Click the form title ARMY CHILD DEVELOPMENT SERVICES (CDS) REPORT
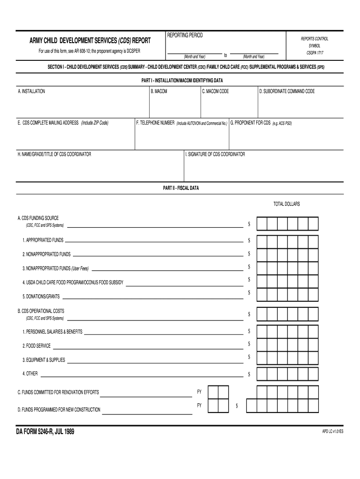[x=84, y=41]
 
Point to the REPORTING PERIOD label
[x=185, y=36]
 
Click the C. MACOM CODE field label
[x=216, y=91]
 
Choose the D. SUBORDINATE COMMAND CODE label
[x=287, y=91]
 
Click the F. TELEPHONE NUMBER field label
[x=155, y=123]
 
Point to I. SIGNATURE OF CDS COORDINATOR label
[x=215, y=154]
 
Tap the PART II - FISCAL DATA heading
[x=180, y=188]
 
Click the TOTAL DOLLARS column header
[x=287, y=204]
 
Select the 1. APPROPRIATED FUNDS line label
[x=43, y=240]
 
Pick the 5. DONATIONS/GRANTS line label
[x=41, y=297]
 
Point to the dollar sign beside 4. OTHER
[x=249, y=374]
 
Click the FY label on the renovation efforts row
[x=199, y=392]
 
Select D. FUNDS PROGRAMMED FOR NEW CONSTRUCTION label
[x=59, y=410]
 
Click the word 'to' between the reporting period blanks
[x=225, y=55]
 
